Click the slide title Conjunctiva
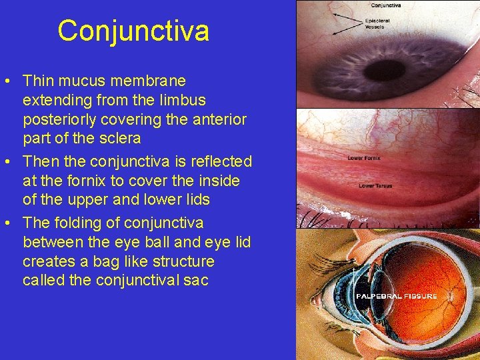click(x=133, y=31)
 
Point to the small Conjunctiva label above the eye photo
click(x=385, y=5)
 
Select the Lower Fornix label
click(x=364, y=158)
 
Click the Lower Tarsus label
click(x=375, y=186)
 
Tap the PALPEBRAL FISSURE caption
click(x=397, y=295)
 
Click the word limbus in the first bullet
click(x=183, y=100)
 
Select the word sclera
click(x=118, y=139)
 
